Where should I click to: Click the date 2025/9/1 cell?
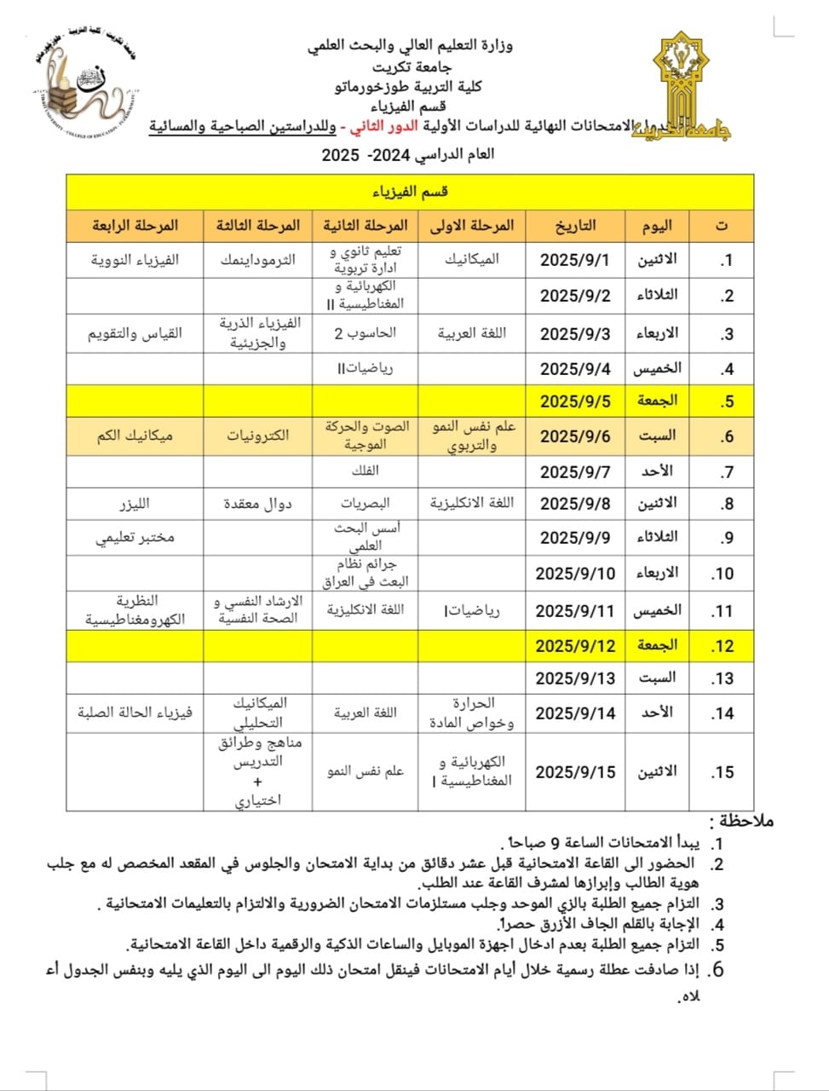point(575,260)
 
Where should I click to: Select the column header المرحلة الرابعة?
point(135,225)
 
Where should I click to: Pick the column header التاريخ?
point(575,225)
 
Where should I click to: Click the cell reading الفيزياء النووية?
point(135,260)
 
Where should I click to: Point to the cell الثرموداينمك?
point(257,260)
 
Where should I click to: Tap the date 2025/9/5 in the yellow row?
point(575,401)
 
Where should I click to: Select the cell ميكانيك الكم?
point(135,436)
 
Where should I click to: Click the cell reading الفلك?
point(365,470)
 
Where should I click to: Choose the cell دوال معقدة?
point(257,504)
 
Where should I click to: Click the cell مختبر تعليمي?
point(135,538)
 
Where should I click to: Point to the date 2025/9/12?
point(575,645)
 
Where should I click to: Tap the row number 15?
point(722,772)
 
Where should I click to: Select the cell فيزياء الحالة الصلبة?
point(135,713)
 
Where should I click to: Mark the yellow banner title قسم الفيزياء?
point(410,192)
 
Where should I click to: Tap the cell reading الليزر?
point(135,504)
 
